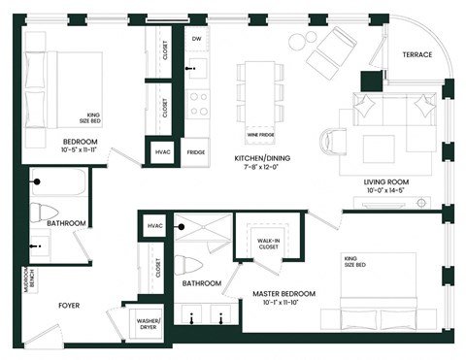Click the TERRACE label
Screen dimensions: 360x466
pos(416,56)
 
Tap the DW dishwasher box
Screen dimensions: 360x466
pos(196,40)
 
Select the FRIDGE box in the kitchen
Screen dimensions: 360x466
pos(196,152)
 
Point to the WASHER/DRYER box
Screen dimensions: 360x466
pos(149,325)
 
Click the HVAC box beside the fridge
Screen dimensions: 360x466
pos(160,152)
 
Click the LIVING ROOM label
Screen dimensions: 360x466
pos(384,181)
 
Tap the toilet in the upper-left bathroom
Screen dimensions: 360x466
pos(39,212)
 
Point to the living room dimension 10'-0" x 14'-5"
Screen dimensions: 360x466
pos(384,191)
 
